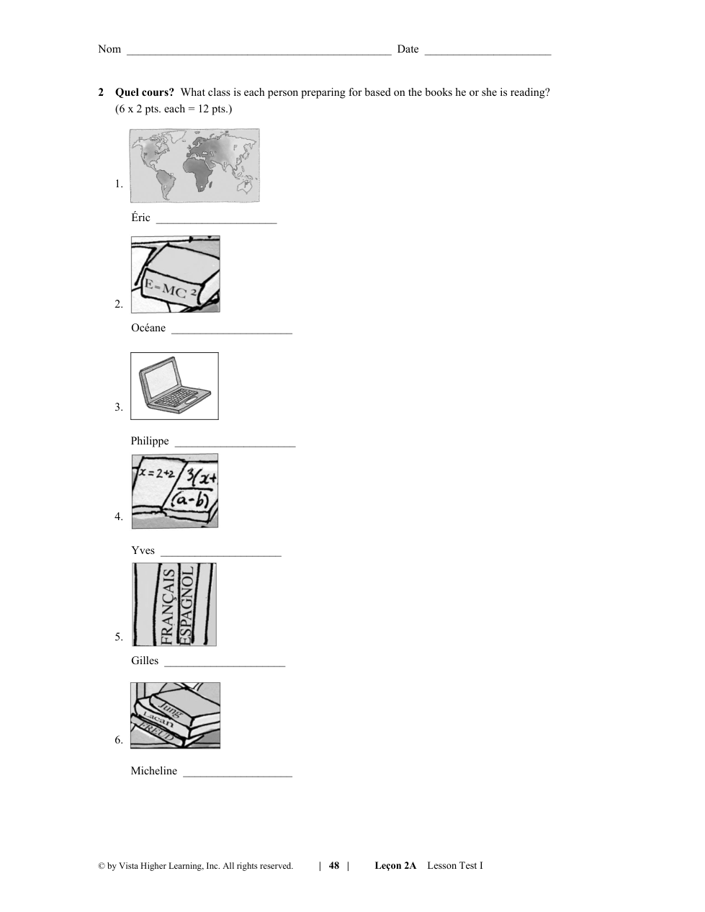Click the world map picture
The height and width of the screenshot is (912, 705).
click(x=194, y=166)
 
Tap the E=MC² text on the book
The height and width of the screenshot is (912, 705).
click(x=171, y=289)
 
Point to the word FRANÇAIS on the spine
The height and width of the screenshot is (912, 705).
click(x=168, y=606)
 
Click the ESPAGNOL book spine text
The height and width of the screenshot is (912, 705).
click(x=187, y=605)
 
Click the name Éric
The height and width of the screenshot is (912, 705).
click(x=140, y=217)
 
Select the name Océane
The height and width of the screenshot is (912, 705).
click(x=148, y=328)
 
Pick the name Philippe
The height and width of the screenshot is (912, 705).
click(x=150, y=441)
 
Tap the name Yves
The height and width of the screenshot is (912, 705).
click(x=143, y=550)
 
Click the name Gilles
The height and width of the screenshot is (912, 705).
click(x=145, y=661)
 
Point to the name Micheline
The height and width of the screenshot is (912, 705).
click(x=154, y=771)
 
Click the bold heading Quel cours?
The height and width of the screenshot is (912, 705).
click(x=144, y=92)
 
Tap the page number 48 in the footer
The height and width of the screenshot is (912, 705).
click(x=334, y=865)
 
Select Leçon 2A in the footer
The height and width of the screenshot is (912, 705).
click(x=395, y=865)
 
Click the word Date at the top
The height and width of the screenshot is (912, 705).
click(x=408, y=49)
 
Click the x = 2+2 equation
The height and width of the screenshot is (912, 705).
click(x=157, y=473)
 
